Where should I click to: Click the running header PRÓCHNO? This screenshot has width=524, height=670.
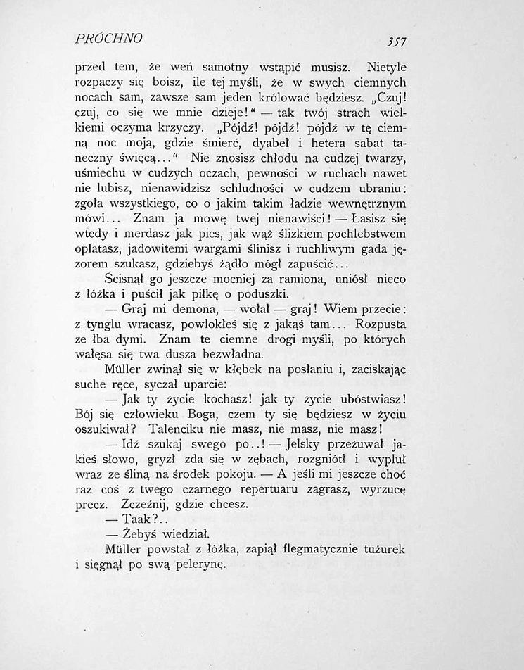point(109,37)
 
